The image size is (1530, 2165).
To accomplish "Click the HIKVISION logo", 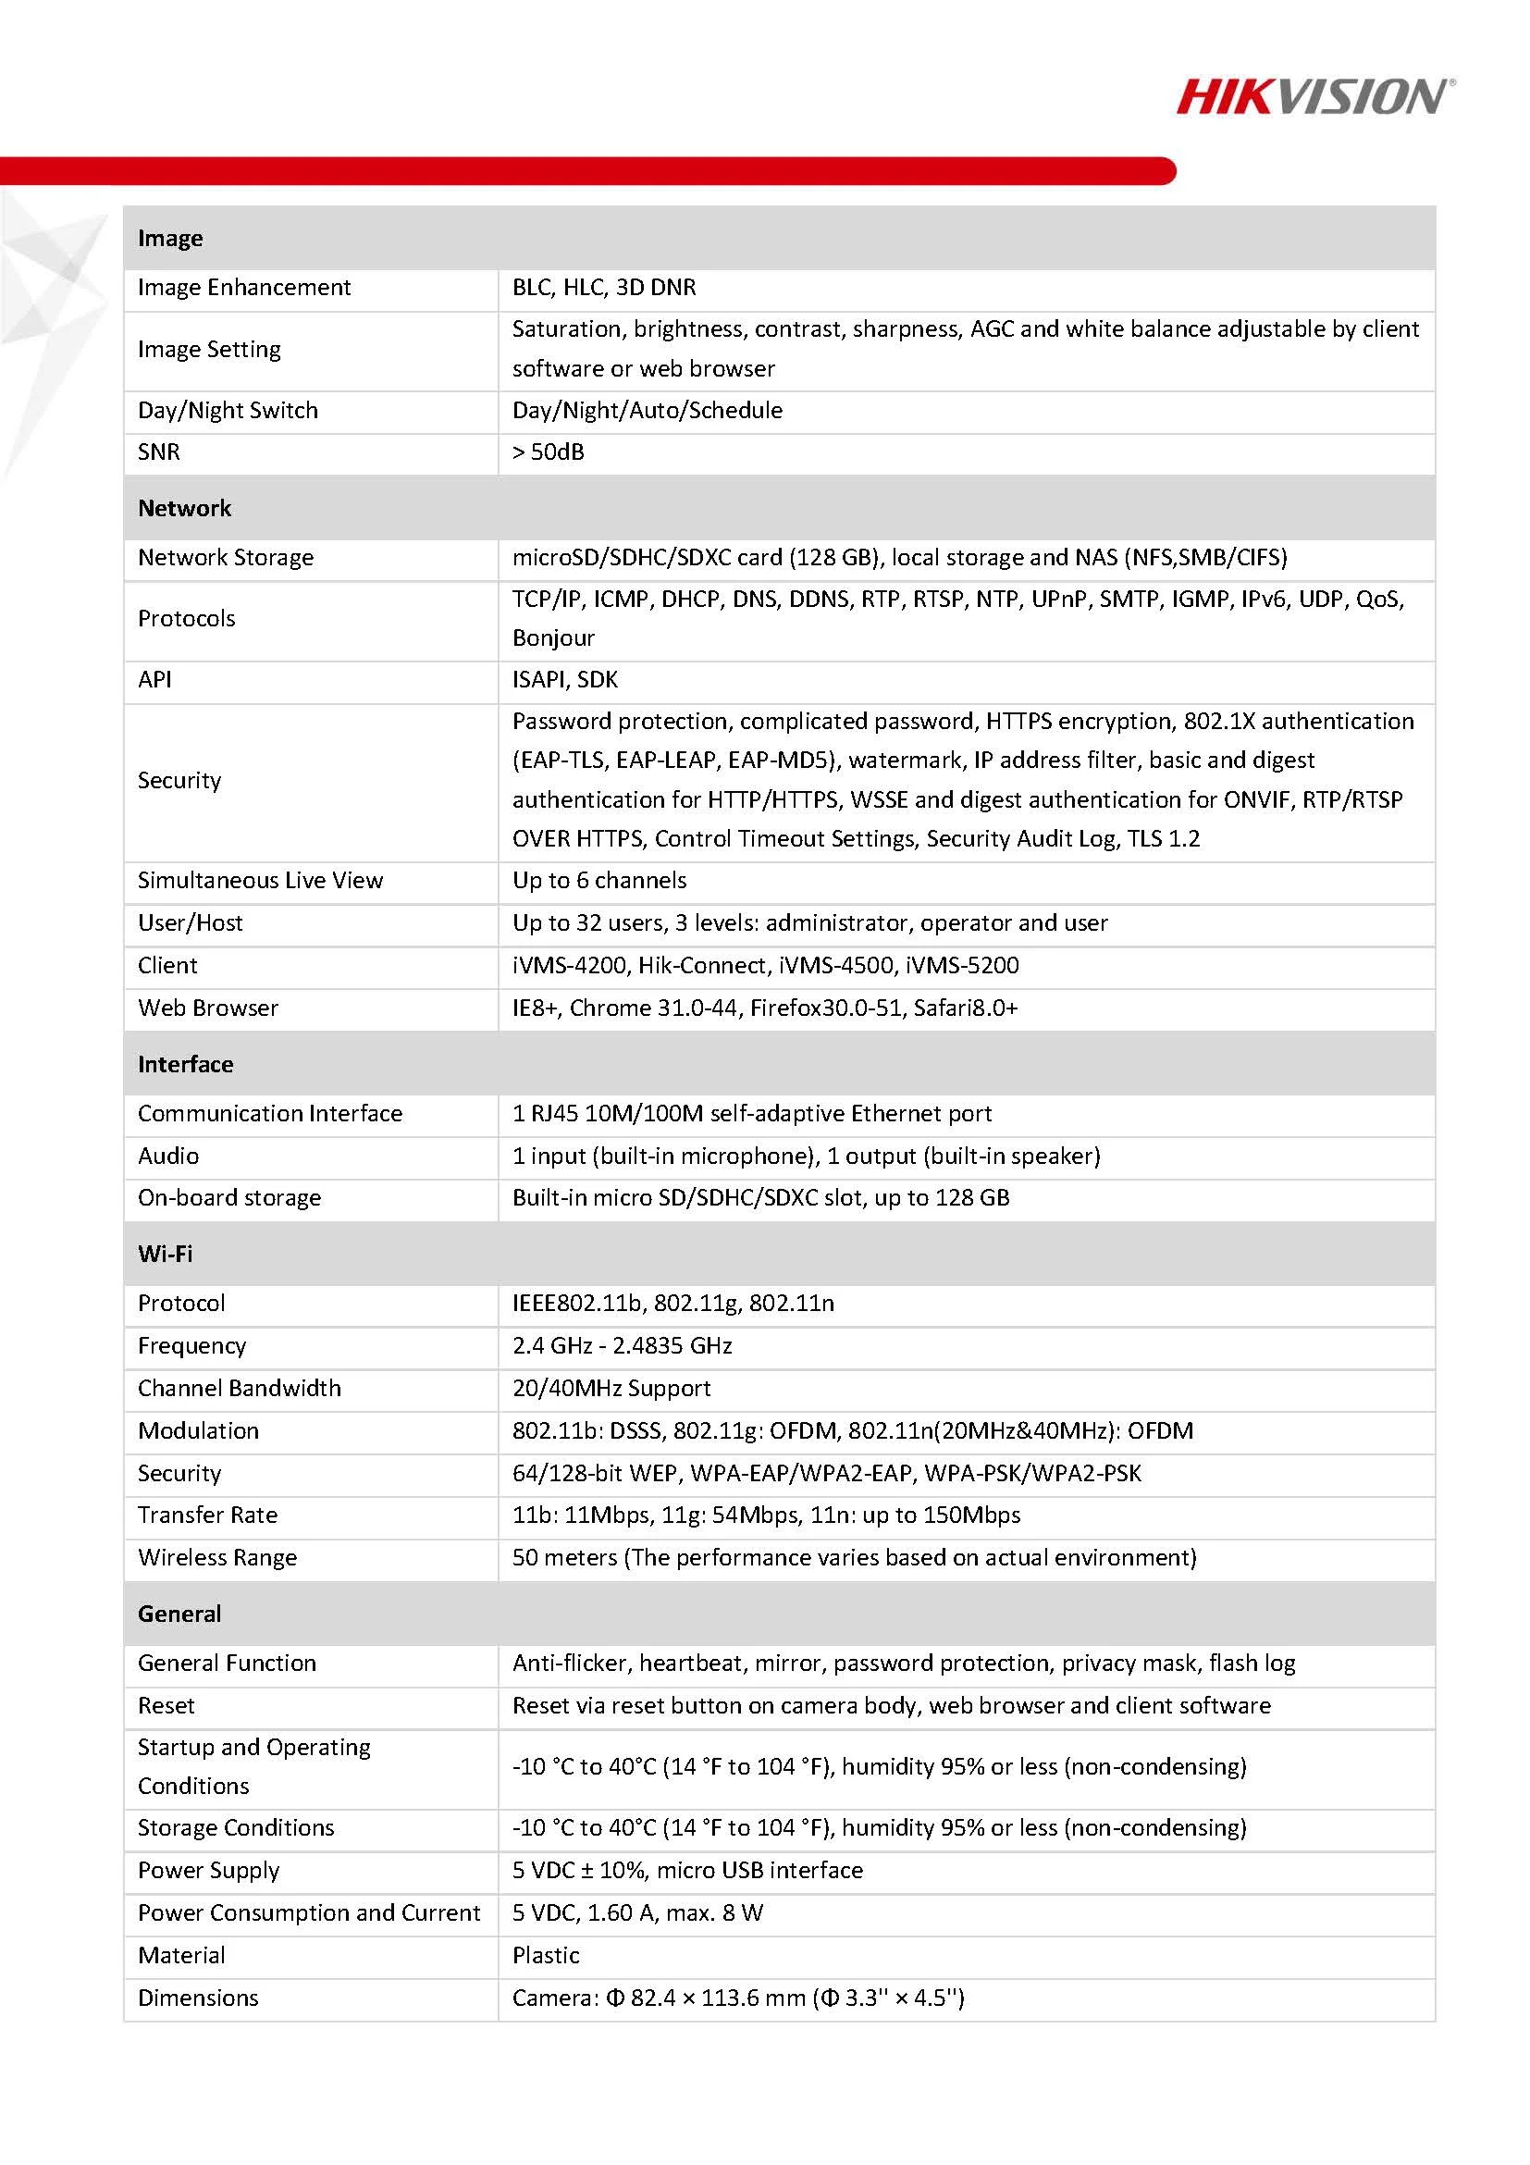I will pyautogui.click(x=1314, y=96).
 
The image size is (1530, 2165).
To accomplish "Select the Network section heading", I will pyautogui.click(x=184, y=508).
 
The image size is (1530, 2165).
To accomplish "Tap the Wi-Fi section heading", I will pyautogui.click(x=165, y=1253).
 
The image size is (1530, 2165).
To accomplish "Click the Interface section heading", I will pyautogui.click(x=185, y=1064).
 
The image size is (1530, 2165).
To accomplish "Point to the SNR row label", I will pyautogui.click(x=158, y=452).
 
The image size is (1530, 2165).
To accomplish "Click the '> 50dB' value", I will pyautogui.click(x=548, y=452).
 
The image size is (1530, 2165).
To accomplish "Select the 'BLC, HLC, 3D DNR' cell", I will pyautogui.click(x=604, y=287).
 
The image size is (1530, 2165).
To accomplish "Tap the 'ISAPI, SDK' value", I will pyautogui.click(x=564, y=679).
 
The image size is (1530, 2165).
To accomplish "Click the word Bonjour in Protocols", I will pyautogui.click(x=553, y=637).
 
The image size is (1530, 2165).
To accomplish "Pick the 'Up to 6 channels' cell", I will pyautogui.click(x=599, y=880).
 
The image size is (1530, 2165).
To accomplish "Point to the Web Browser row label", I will pyautogui.click(x=207, y=1007).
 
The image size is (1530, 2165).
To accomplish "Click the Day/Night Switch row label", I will pyautogui.click(x=228, y=410).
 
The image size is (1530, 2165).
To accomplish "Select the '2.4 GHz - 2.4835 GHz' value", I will pyautogui.click(x=623, y=1344).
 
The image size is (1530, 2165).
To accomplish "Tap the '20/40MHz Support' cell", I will pyautogui.click(x=611, y=1387).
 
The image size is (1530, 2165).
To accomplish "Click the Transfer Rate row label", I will pyautogui.click(x=207, y=1515).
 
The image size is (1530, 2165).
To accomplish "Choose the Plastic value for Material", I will pyautogui.click(x=546, y=1955).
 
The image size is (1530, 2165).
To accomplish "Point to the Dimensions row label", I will pyautogui.click(x=198, y=1998).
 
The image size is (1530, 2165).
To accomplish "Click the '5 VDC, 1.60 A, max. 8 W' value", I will pyautogui.click(x=637, y=1912).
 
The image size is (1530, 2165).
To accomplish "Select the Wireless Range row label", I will pyautogui.click(x=216, y=1557).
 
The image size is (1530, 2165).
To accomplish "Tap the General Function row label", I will pyautogui.click(x=227, y=1663).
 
